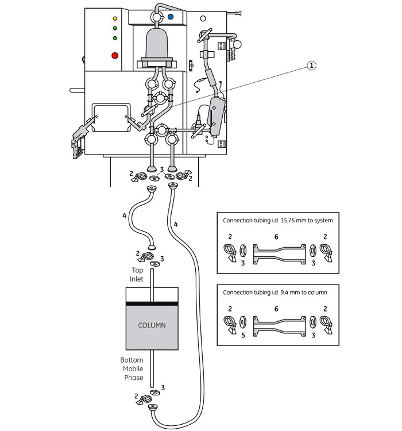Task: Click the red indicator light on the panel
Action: [x=115, y=56]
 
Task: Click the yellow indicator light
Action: [x=115, y=18]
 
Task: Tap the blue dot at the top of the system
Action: [x=171, y=17]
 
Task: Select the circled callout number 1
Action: [x=311, y=66]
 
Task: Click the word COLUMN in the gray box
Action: [x=152, y=325]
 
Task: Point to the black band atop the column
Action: [x=152, y=303]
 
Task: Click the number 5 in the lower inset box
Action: [x=243, y=336]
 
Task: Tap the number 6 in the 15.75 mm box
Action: [x=276, y=237]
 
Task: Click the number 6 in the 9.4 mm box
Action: [x=276, y=309]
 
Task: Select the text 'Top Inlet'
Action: [x=137, y=275]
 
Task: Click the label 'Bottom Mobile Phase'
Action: [x=132, y=368]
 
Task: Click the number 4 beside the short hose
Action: [x=124, y=215]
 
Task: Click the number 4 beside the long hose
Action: [x=176, y=224]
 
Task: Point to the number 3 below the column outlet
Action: [x=163, y=388]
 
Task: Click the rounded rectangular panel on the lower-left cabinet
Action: [x=111, y=118]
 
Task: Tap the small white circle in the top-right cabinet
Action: [x=203, y=18]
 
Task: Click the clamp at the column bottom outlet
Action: [x=144, y=399]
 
